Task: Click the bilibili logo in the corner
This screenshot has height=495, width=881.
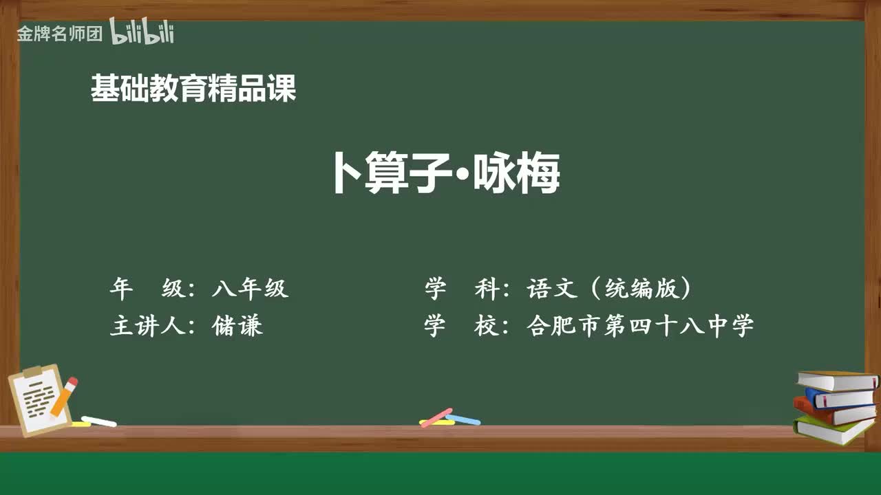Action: pos(142,32)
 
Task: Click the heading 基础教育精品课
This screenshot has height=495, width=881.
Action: pos(193,89)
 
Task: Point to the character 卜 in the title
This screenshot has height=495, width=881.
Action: pos(347,174)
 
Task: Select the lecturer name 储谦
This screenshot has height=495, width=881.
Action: pos(238,325)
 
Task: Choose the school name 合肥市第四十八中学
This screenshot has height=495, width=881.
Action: pos(640,325)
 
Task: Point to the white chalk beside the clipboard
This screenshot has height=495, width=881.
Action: pos(98,421)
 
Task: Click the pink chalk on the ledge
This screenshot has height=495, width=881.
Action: pos(436,417)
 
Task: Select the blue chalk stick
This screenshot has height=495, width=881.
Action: pos(464,419)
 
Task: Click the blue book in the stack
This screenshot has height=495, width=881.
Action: pos(840,397)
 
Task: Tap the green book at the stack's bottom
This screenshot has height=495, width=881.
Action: pos(833,430)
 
